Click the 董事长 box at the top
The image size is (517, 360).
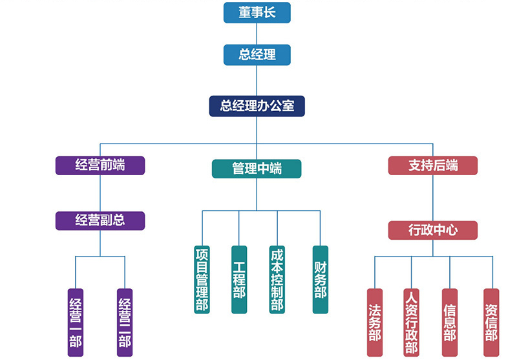pyautogui.click(x=257, y=13)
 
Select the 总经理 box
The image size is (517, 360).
pyautogui.click(x=257, y=55)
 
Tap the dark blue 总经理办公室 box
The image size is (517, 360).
pyautogui.click(x=257, y=106)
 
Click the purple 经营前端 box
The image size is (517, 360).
pyautogui.click(x=100, y=165)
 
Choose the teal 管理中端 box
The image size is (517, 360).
pyautogui.click(x=257, y=169)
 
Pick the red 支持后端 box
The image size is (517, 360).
pyautogui.click(x=432, y=165)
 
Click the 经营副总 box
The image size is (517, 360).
pyautogui.click(x=100, y=220)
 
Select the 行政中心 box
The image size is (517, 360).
pyautogui.click(x=432, y=230)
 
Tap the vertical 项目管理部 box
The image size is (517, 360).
pyautogui.click(x=202, y=279)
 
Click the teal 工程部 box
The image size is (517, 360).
pyautogui.click(x=239, y=279)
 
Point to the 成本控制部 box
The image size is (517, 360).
pyautogui.click(x=277, y=279)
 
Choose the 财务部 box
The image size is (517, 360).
pyautogui.click(x=320, y=279)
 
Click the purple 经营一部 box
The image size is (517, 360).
pyautogui.click(x=76, y=322)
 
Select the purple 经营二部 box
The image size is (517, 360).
pyautogui.click(x=125, y=322)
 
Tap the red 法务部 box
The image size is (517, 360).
pyautogui.click(x=375, y=322)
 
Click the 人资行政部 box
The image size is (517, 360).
pyautogui.click(x=411, y=322)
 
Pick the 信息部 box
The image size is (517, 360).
pyautogui.click(x=450, y=322)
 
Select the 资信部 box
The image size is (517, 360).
pyautogui.click(x=491, y=322)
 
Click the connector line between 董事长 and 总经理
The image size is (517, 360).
pyautogui.click(x=257, y=34)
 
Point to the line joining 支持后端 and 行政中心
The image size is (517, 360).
pyautogui.click(x=432, y=198)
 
